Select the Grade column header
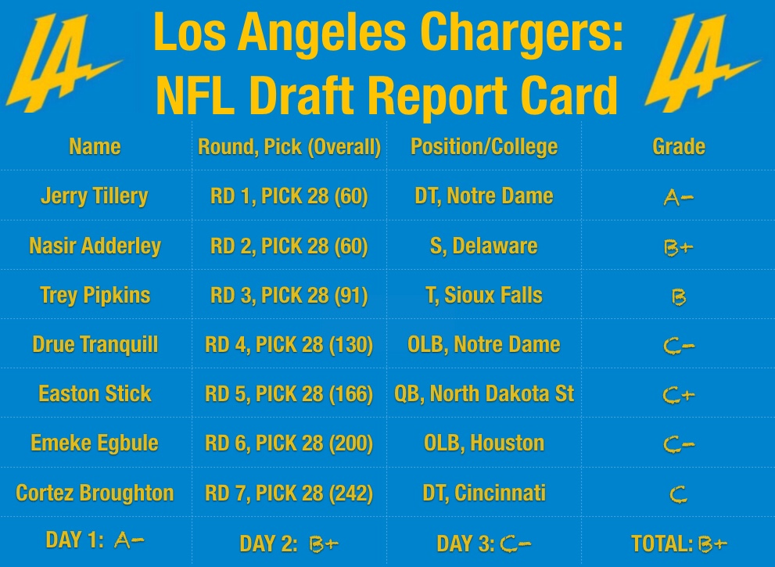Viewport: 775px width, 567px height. [x=678, y=146]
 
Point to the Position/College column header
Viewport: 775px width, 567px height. [x=484, y=146]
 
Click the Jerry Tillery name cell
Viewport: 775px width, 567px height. [x=95, y=196]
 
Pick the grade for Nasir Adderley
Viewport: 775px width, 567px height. [x=678, y=247]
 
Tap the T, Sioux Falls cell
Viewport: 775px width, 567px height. [x=484, y=296]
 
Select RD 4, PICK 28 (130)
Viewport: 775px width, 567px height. [x=289, y=345]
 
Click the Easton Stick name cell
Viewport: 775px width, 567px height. [x=95, y=393]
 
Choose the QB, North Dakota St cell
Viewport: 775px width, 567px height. [x=484, y=393]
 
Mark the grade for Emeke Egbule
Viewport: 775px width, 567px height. [x=678, y=445]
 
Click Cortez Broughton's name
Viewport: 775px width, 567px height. [x=95, y=493]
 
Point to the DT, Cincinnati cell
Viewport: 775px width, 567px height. [x=484, y=493]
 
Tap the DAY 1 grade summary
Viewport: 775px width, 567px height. [x=95, y=540]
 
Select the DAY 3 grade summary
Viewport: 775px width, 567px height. [x=484, y=544]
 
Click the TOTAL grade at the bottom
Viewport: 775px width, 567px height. [x=678, y=544]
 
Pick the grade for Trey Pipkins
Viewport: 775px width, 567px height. [x=678, y=297]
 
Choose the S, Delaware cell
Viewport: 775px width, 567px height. [x=484, y=246]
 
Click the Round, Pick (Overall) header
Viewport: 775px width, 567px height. [x=289, y=146]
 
